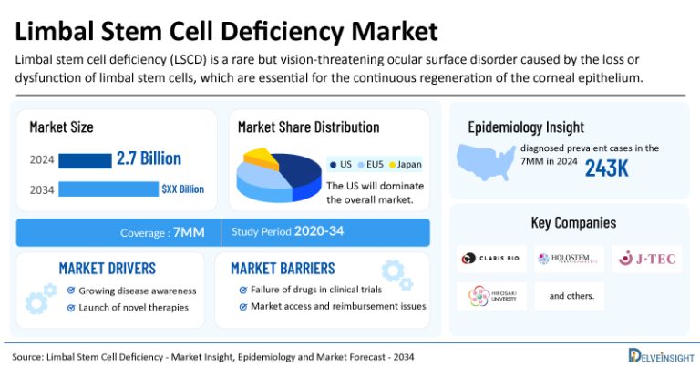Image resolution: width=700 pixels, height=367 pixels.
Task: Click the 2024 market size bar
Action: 84,160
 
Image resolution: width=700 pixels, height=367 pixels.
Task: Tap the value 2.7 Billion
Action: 149,158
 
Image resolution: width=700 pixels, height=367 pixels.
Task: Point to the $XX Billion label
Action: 182,189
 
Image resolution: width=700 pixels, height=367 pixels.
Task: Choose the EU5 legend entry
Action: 372,164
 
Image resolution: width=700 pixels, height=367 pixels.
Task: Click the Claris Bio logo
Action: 491,259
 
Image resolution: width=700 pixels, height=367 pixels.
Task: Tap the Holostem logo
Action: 571,259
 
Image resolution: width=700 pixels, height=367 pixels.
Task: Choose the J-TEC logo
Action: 647,259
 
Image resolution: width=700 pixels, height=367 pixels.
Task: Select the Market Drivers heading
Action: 107,269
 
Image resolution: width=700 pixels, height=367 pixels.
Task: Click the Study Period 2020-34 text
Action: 288,231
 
